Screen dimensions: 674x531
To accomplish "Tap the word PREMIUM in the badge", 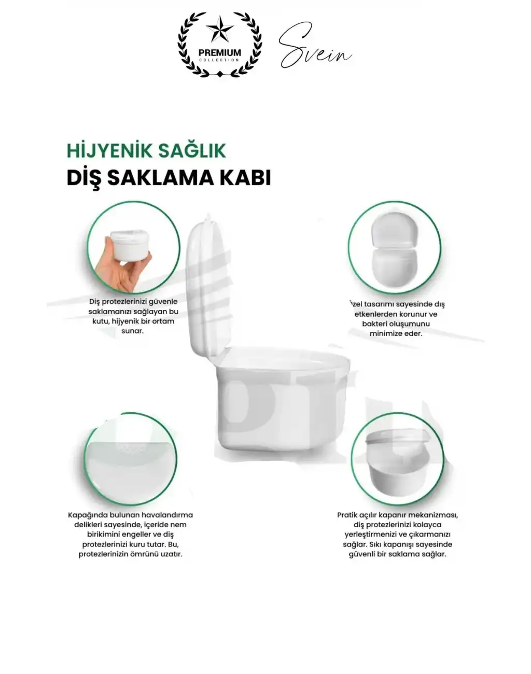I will (220, 52).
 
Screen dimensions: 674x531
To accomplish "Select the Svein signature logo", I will (314, 48).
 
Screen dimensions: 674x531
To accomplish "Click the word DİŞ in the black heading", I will (83, 177).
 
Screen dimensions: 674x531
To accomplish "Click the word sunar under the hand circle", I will (132, 331).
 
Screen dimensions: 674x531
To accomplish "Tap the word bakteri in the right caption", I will (375, 324).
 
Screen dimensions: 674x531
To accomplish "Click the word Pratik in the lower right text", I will (348, 515).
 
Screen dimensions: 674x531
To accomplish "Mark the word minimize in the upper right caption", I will (386, 333).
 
